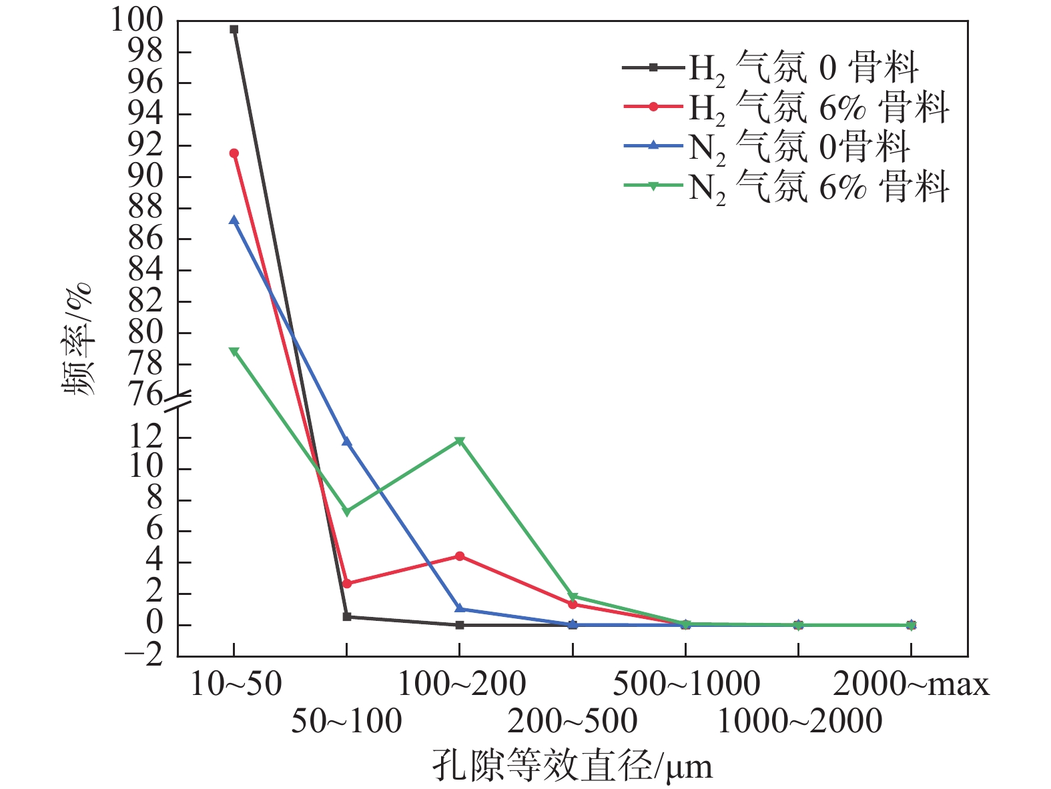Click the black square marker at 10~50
click(234, 29)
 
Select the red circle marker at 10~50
click(234, 153)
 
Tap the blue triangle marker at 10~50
click(234, 220)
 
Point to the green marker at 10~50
click(234, 351)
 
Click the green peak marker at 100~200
click(460, 441)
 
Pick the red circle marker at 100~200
click(460, 556)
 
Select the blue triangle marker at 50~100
click(347, 442)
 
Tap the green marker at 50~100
click(347, 512)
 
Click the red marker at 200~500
click(573, 604)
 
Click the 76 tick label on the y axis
click(145, 395)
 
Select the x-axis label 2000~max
click(911, 684)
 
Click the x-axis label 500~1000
click(686, 684)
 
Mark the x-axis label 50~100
click(347, 721)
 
